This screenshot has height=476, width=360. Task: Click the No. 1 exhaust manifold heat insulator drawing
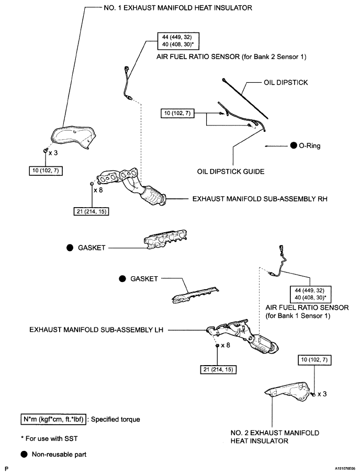coord(73,137)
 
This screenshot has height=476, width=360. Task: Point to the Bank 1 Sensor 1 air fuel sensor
coord(278,261)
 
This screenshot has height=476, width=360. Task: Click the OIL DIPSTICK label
coord(286,83)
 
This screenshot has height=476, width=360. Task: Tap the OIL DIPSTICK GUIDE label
coord(231,172)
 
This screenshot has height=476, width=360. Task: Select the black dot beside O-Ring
coord(294,146)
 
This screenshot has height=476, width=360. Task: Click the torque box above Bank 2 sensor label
coord(178,41)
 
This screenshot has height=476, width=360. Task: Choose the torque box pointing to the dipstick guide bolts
coord(177,113)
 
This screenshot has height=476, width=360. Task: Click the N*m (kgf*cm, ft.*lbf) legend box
coord(53,419)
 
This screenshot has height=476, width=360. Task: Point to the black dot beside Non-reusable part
coord(24,455)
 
